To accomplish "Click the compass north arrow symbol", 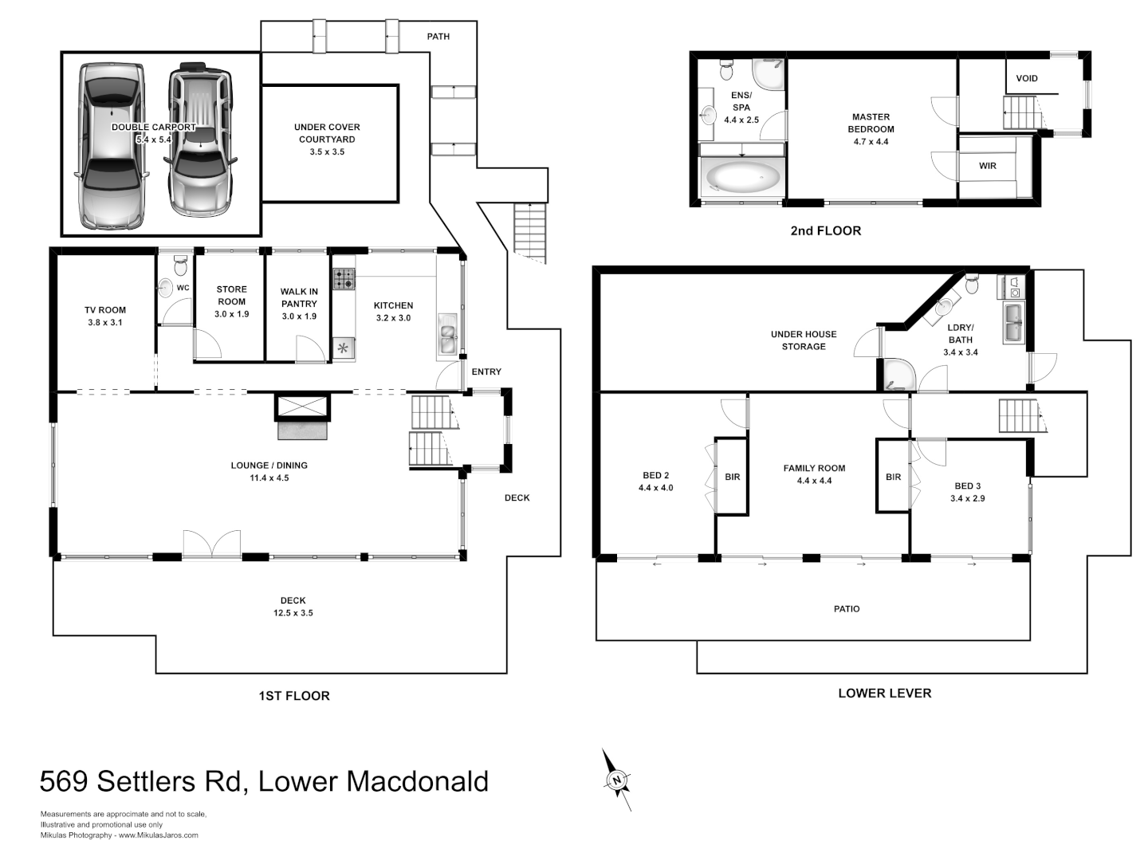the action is [616, 780].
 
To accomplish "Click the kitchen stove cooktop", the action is [344, 279].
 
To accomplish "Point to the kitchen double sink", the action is [446, 339].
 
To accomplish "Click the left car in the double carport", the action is [112, 147].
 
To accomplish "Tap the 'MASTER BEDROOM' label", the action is [871, 123].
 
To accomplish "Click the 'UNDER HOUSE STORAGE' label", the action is [804, 340].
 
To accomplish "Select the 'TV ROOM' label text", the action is [105, 310].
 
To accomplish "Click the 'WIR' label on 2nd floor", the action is [988, 166].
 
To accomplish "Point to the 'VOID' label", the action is [1027, 78].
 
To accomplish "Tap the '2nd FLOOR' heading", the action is [825, 231].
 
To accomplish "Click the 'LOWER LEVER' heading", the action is [884, 694].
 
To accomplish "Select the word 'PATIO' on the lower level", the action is [847, 609].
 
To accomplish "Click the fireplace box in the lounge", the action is [302, 407].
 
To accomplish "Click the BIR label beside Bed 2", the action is [732, 477].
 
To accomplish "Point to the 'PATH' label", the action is [438, 37].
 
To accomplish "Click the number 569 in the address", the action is [63, 781].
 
